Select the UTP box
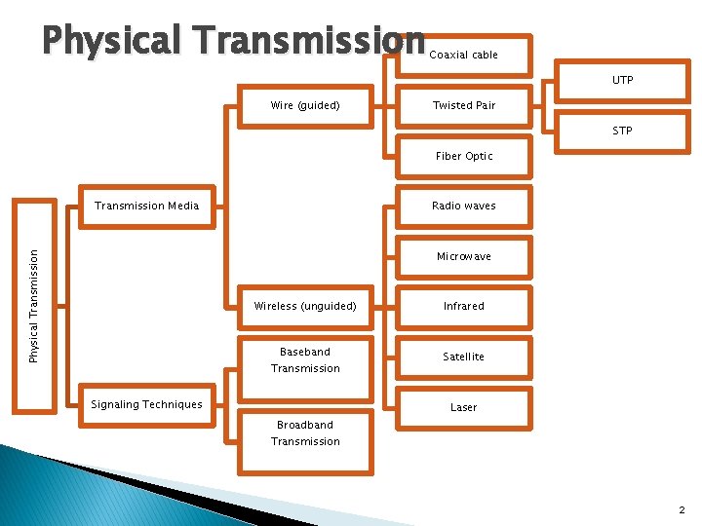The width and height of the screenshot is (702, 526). pyautogui.click(x=622, y=80)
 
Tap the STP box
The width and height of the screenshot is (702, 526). pyautogui.click(x=622, y=131)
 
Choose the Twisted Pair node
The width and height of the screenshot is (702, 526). pyautogui.click(x=464, y=105)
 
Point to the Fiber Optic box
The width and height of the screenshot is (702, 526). pyautogui.click(x=464, y=156)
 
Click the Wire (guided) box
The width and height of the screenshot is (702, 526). pyautogui.click(x=305, y=105)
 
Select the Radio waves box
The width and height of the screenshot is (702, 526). pyautogui.click(x=464, y=207)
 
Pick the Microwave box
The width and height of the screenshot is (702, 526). pyautogui.click(x=464, y=257)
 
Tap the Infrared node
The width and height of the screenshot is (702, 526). pyautogui.click(x=464, y=307)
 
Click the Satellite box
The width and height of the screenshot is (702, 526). pyautogui.click(x=464, y=357)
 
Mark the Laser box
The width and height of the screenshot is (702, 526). pyautogui.click(x=464, y=407)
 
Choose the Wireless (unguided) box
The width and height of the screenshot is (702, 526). pyautogui.click(x=305, y=307)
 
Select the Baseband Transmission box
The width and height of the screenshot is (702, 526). pyautogui.click(x=305, y=360)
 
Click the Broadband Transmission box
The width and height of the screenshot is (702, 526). pyautogui.click(x=305, y=433)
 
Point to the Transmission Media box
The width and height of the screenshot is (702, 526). pyautogui.click(x=146, y=207)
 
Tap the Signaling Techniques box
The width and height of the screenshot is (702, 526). pyautogui.click(x=146, y=405)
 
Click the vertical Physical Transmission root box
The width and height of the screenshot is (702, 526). pyautogui.click(x=34, y=306)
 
